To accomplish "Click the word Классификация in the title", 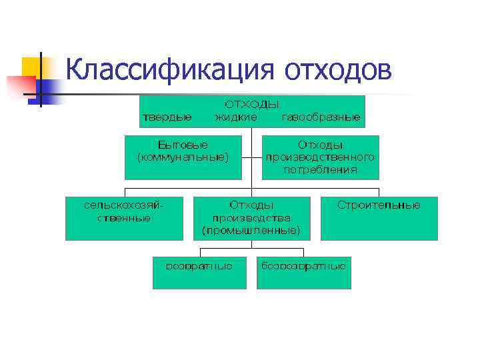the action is pyautogui.click(x=170, y=69).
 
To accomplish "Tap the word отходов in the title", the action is pyautogui.click(x=338, y=69).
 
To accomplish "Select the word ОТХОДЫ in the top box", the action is pyautogui.click(x=251, y=105).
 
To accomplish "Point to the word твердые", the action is pyautogui.click(x=167, y=117).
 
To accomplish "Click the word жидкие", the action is pyautogui.click(x=235, y=117).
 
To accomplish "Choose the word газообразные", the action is pyautogui.click(x=321, y=117).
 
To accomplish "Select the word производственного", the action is pyautogui.click(x=320, y=157).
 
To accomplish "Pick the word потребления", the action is pyautogui.click(x=320, y=170).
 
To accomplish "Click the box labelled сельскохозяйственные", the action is pyautogui.click(x=123, y=218).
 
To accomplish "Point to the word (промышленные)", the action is pyautogui.click(x=251, y=230).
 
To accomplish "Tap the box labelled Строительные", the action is pyautogui.click(x=379, y=218).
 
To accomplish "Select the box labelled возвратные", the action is pyautogui.click(x=199, y=273).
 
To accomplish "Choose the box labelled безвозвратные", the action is pyautogui.click(x=303, y=273).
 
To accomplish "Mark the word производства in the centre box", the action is pyautogui.click(x=251, y=218).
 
